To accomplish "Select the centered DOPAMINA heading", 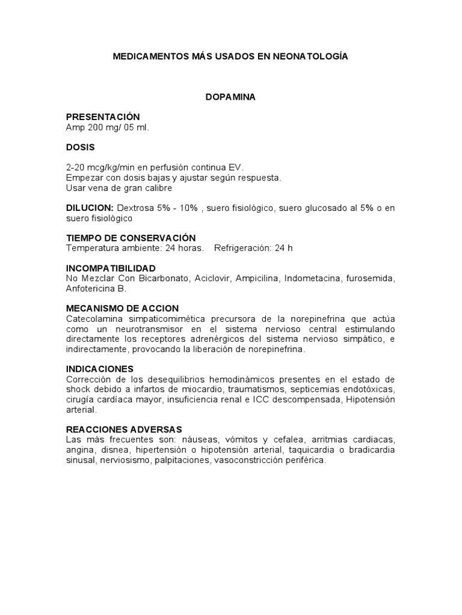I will (x=230, y=97).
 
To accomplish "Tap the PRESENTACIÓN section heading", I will (x=102, y=117).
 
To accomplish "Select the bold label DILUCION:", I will (x=90, y=207).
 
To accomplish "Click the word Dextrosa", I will (x=135, y=207).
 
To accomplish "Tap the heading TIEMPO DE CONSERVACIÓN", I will (x=131, y=238).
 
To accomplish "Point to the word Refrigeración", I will (x=242, y=248).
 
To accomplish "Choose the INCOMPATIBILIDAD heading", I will (x=111, y=268).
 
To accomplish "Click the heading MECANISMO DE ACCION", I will (x=122, y=308).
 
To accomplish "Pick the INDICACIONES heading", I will (x=100, y=369).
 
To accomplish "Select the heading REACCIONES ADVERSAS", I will (x=124, y=429).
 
